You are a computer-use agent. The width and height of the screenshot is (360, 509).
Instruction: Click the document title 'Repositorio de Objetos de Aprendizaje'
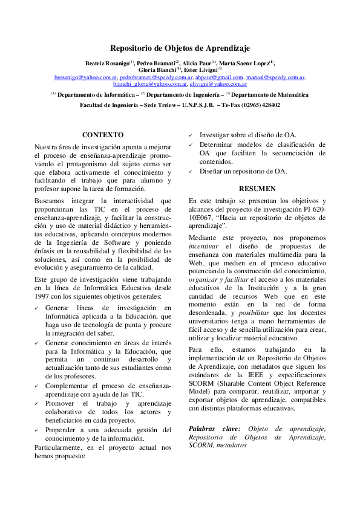click(x=180, y=48)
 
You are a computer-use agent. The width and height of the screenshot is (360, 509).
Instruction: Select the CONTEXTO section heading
click(x=103, y=135)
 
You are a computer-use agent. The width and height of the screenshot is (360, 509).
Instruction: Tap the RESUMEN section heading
click(x=257, y=189)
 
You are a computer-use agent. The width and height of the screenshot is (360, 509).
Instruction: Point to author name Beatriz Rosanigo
click(x=106, y=63)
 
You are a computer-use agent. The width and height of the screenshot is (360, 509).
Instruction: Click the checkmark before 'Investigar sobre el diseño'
click(x=191, y=135)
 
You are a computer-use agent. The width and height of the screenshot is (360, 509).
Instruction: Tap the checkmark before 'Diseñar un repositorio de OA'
click(x=191, y=171)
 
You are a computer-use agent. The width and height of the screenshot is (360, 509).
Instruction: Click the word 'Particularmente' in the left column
click(x=62, y=447)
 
